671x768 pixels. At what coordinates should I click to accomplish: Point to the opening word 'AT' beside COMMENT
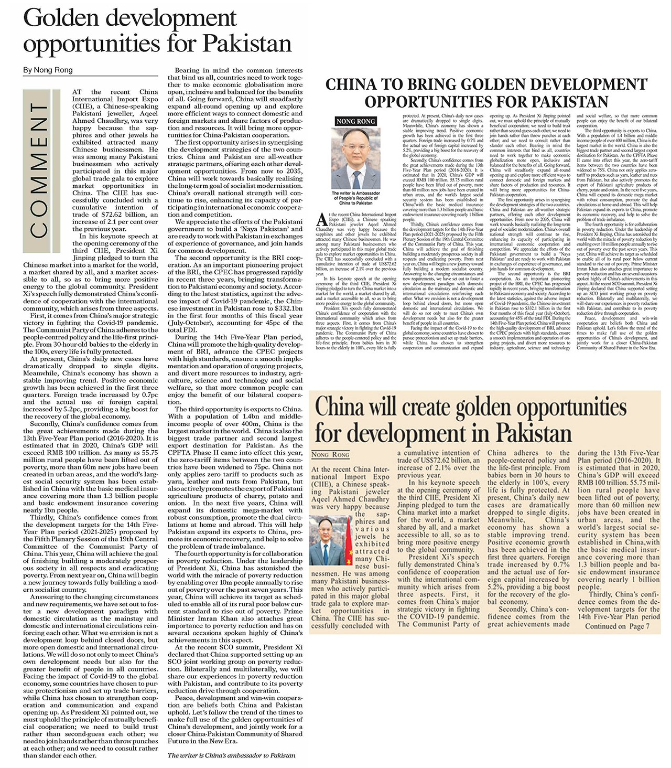[77, 92]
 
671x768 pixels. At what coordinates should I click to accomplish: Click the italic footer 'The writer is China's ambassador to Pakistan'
[231, 755]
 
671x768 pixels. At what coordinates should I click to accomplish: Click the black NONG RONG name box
[356, 121]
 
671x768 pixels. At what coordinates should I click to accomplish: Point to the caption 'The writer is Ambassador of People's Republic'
[356, 198]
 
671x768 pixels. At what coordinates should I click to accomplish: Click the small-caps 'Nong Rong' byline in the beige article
[330, 455]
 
